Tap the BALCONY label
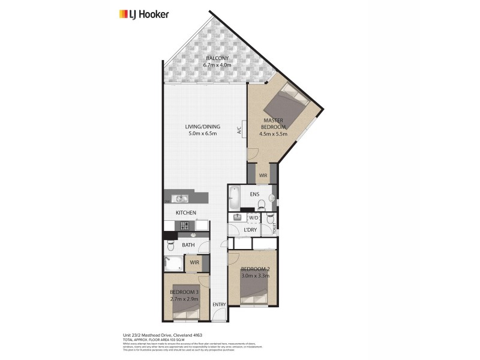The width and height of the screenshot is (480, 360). point(215,58)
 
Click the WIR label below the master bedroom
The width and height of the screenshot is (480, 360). point(263,175)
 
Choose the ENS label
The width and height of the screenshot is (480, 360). point(254,194)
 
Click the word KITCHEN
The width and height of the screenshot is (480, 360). point(186,213)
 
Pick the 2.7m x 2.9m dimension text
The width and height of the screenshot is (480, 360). point(184,298)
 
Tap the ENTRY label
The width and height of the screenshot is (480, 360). point(219,305)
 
